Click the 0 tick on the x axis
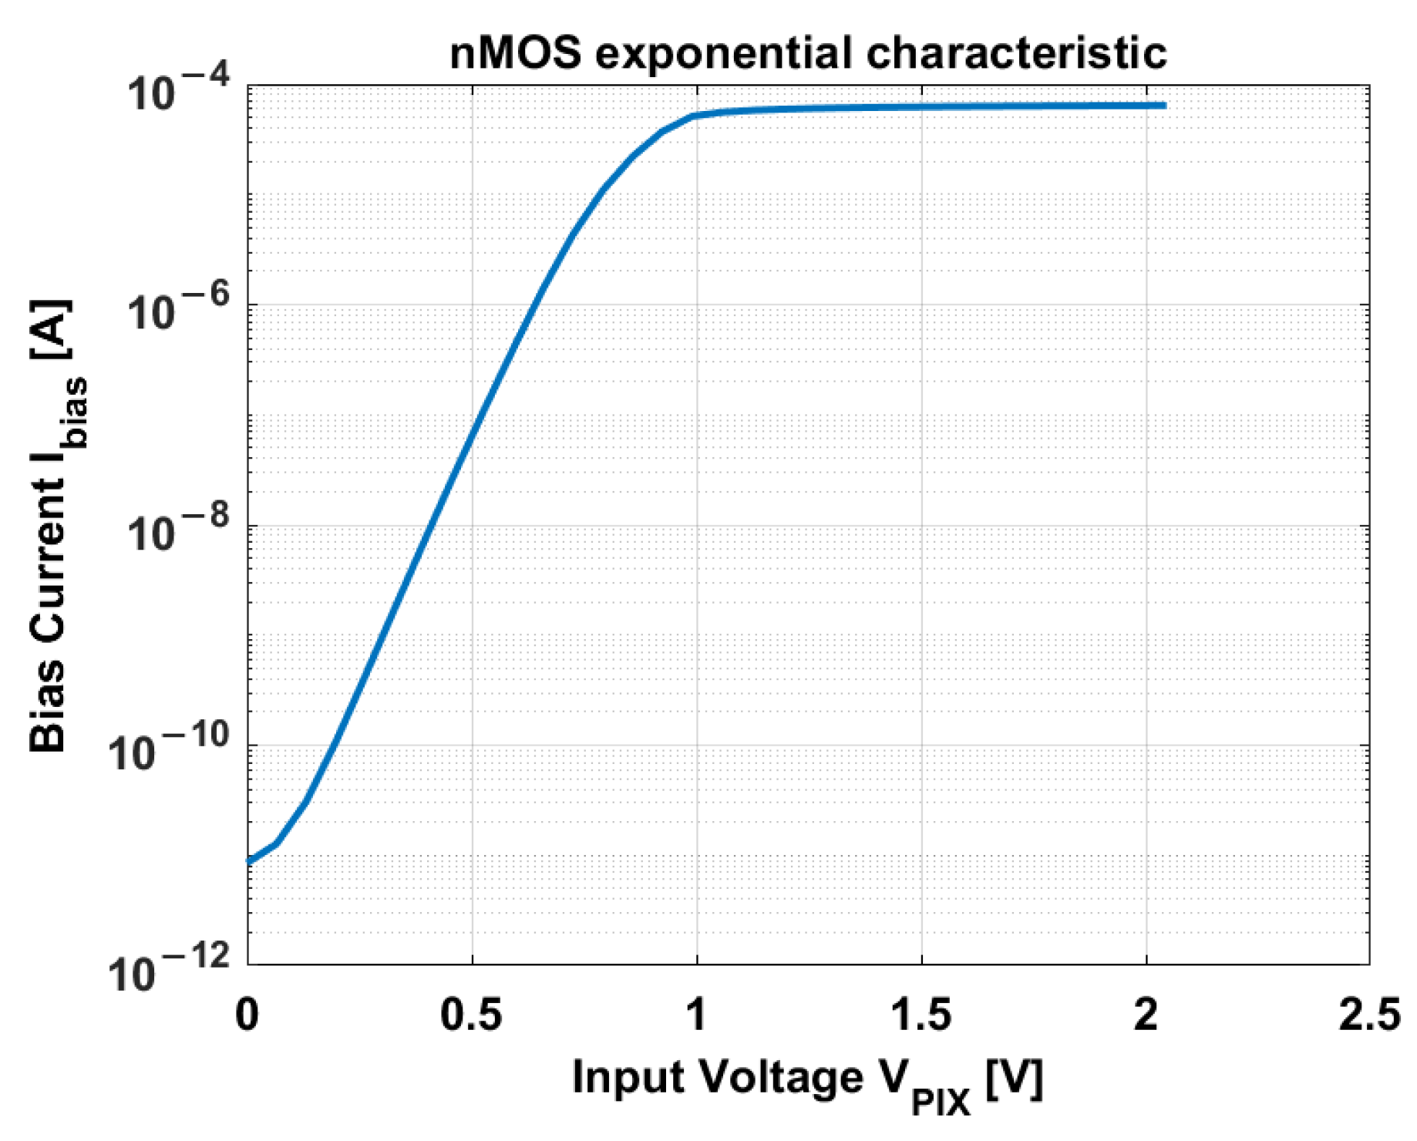point(247,1015)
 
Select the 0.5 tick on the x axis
point(471,1015)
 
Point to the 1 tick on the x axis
point(696,1015)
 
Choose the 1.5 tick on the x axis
point(921,1015)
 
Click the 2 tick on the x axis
point(1146,1015)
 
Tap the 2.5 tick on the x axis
point(1370,1015)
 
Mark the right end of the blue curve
point(1164,105)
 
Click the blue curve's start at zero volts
point(249,861)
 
